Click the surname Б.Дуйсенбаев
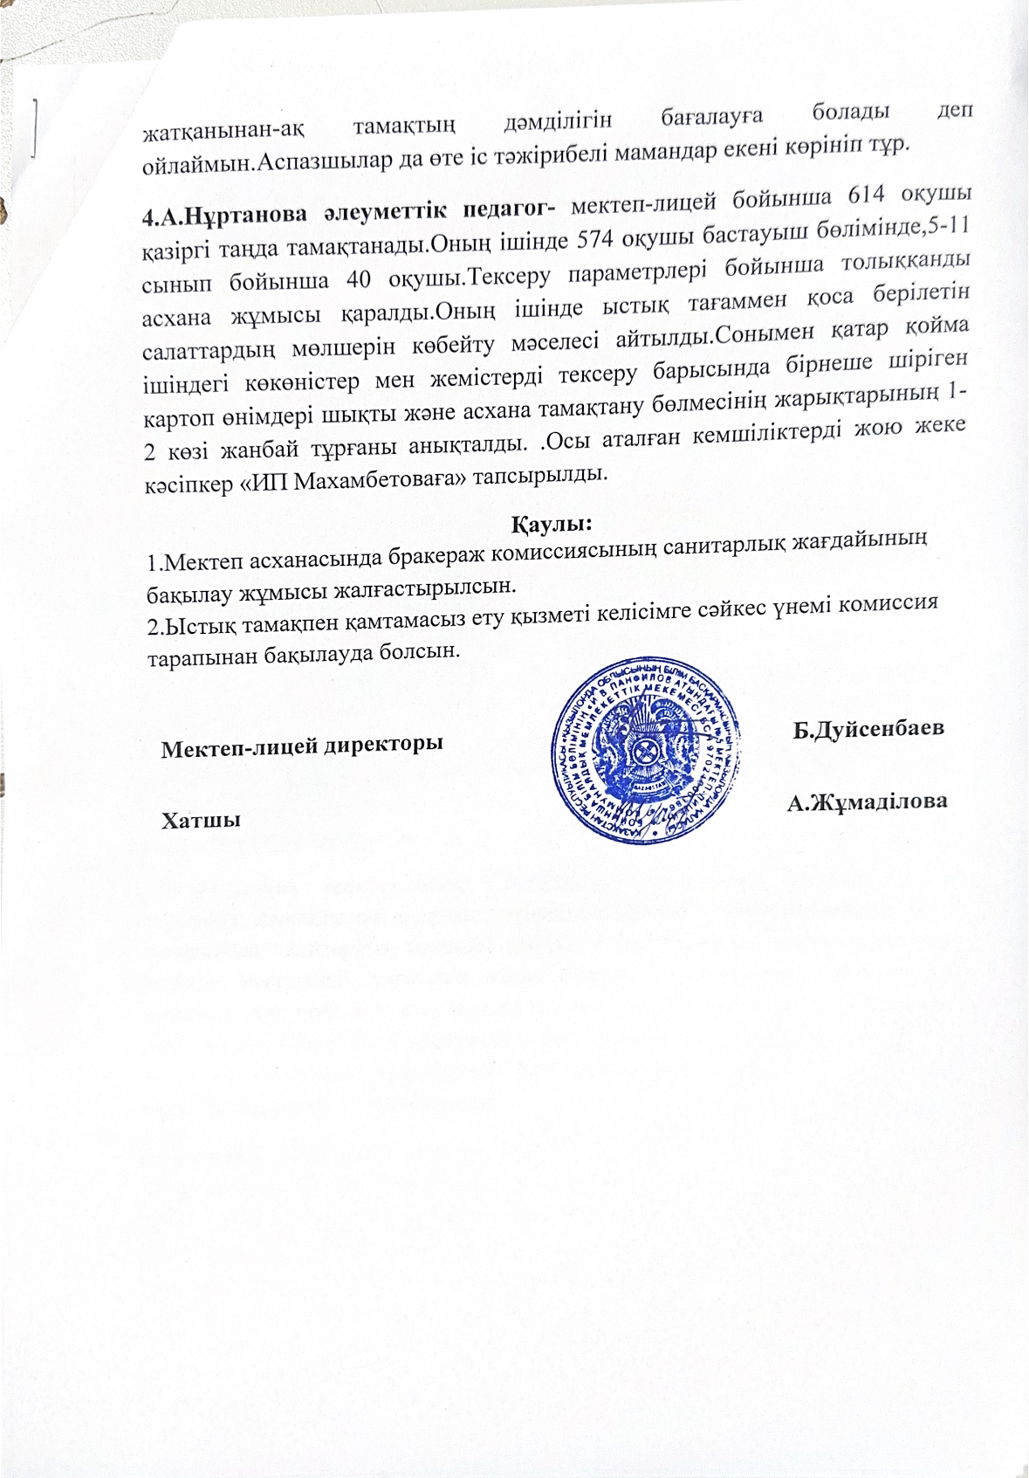click(868, 730)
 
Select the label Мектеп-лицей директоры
click(302, 747)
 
